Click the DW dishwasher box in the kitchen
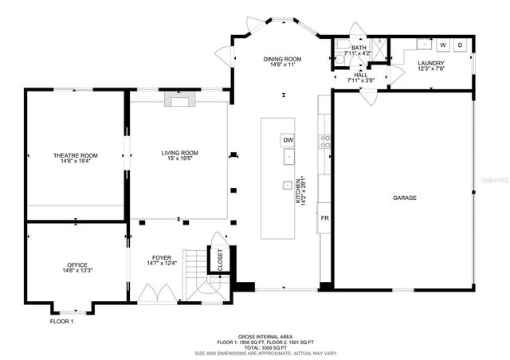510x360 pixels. point(288,140)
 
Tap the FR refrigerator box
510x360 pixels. point(324,218)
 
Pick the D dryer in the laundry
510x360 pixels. point(460,45)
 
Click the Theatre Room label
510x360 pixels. point(76,157)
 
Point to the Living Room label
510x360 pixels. point(179,155)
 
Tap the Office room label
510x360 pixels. point(76,267)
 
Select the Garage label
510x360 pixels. point(404,198)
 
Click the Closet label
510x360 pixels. point(215,260)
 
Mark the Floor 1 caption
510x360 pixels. point(61,321)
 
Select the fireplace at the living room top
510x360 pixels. point(179,99)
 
